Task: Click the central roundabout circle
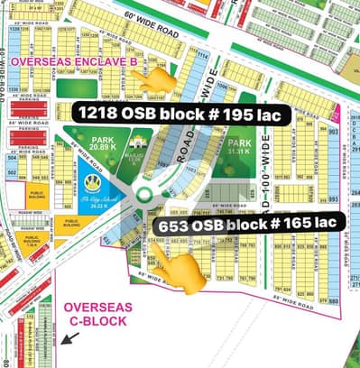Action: pos(143,195)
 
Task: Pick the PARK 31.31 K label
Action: pos(239,146)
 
